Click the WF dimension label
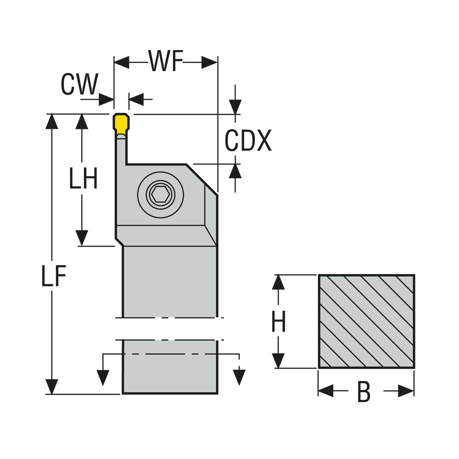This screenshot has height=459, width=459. pyautogui.click(x=166, y=62)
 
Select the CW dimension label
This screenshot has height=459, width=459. pyautogui.click(x=79, y=85)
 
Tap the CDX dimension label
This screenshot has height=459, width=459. pyautogui.click(x=248, y=141)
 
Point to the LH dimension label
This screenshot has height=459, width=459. pyautogui.click(x=83, y=179)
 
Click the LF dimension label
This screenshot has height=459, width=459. pyautogui.click(x=54, y=276)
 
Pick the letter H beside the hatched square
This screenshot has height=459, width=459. pyautogui.click(x=279, y=322)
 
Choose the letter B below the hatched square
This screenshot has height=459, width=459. pyautogui.click(x=364, y=393)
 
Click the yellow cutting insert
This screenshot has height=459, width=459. pyautogui.click(x=121, y=123)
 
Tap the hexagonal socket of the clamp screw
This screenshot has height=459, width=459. pyautogui.click(x=161, y=195)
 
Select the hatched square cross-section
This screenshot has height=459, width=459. pyautogui.click(x=366, y=321)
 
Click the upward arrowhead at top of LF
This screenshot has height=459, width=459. pyautogui.click(x=52, y=122)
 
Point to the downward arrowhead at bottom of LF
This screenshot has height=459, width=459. pyautogui.click(x=52, y=386)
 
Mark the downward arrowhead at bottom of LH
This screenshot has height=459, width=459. pyautogui.click(x=82, y=238)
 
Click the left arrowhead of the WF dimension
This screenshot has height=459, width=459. pyautogui.click(x=122, y=62)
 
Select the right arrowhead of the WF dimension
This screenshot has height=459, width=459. pyautogui.click(x=209, y=62)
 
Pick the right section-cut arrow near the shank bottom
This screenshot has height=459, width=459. pyautogui.click(x=239, y=377)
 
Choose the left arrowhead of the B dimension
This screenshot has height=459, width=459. pyautogui.click(x=325, y=391)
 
